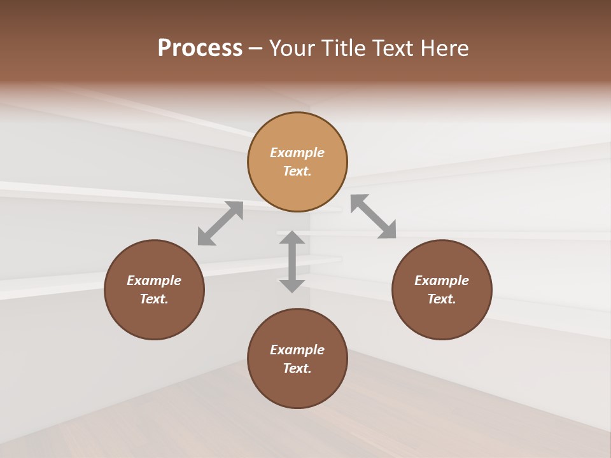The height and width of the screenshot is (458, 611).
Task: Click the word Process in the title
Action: click(200, 48)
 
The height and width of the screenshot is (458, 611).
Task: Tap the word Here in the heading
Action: click(444, 48)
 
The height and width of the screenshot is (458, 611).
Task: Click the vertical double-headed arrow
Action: click(292, 261)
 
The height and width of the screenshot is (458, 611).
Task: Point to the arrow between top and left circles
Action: click(220, 223)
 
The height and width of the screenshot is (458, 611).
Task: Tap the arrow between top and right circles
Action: click(374, 216)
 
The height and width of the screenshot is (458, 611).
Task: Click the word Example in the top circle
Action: click(297, 153)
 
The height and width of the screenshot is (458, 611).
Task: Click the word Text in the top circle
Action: click(297, 171)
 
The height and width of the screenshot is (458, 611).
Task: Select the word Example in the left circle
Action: click(154, 281)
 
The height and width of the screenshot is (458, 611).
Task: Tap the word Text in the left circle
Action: click(154, 299)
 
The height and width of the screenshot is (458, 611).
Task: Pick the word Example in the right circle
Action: click(442, 281)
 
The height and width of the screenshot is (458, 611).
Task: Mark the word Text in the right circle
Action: click(442, 299)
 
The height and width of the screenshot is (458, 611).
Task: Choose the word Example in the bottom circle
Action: click(297, 350)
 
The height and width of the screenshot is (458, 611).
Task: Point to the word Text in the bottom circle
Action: click(297, 368)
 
